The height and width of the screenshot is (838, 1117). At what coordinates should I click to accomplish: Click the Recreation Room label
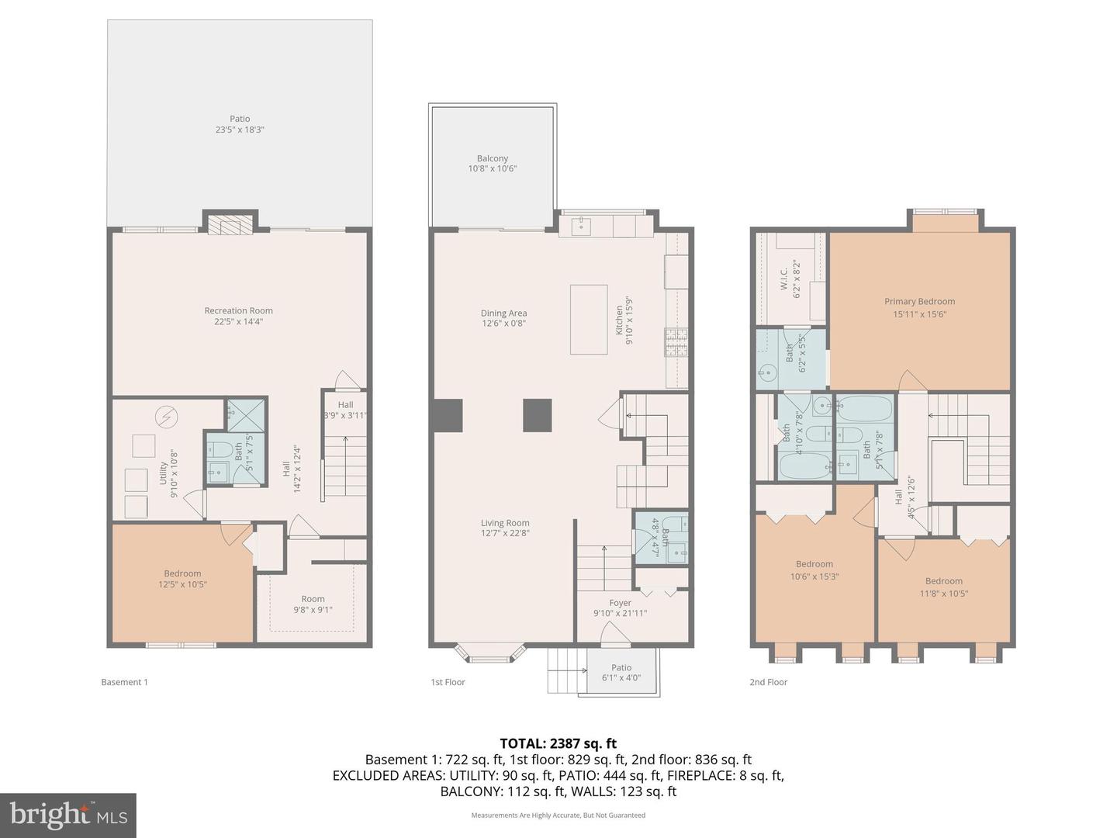[x=238, y=311]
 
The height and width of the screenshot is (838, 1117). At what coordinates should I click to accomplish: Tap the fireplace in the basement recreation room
[x=230, y=223]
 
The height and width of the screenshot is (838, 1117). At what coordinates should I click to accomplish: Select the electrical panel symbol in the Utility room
[x=166, y=417]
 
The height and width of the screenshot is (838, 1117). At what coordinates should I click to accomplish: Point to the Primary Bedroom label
[x=919, y=302]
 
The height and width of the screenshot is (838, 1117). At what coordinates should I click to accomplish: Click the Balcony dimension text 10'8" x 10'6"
[x=492, y=169]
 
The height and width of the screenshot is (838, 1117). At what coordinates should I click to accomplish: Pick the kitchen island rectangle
[x=589, y=319]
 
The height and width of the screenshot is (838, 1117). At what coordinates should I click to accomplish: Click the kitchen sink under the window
[x=582, y=226]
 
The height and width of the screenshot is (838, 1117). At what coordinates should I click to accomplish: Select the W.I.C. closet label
[x=783, y=278]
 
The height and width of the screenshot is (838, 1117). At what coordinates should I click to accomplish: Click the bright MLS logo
[x=68, y=815]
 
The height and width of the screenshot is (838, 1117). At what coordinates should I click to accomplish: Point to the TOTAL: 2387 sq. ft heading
[x=558, y=743]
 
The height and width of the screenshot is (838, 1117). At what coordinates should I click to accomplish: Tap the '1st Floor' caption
[x=448, y=682]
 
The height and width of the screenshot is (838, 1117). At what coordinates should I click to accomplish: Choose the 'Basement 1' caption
[x=124, y=682]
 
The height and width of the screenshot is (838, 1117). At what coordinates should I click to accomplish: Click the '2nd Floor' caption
[x=768, y=682]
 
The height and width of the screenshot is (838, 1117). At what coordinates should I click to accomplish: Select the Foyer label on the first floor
[x=620, y=603]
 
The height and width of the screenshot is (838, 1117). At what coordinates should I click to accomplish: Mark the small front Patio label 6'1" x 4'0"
[x=621, y=673]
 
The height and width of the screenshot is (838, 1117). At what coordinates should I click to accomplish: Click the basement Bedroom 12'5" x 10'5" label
[x=182, y=579]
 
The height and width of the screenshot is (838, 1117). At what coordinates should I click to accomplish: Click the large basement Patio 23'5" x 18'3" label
[x=240, y=124]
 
